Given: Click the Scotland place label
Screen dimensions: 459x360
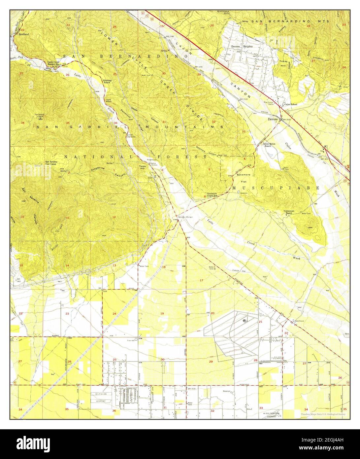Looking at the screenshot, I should tap(24, 34).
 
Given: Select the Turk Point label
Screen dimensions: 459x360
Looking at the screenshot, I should tap(108, 100).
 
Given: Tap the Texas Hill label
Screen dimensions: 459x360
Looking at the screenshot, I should tap(142, 167).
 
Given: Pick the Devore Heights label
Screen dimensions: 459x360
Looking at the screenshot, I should tap(242, 47).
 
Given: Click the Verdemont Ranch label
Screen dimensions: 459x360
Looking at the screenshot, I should tap(289, 212).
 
